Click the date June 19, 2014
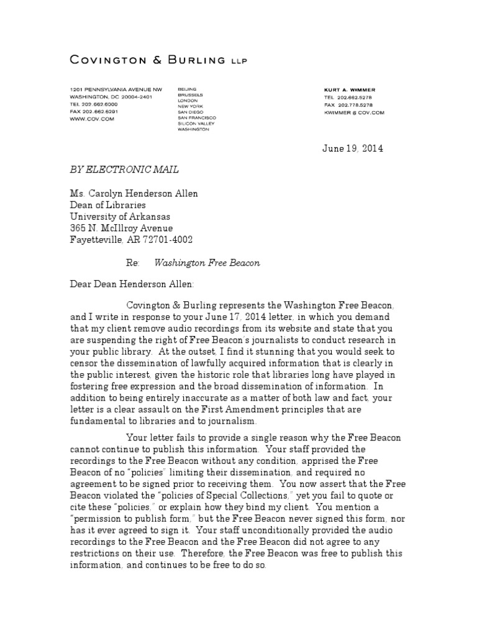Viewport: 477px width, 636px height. click(x=352, y=148)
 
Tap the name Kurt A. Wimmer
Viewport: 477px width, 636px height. click(x=349, y=89)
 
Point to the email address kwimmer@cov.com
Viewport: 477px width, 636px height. click(x=354, y=113)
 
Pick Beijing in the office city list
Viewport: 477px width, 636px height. click(x=186, y=89)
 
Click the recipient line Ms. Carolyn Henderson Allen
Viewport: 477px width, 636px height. click(x=134, y=194)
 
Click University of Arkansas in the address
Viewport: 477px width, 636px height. click(x=120, y=217)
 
